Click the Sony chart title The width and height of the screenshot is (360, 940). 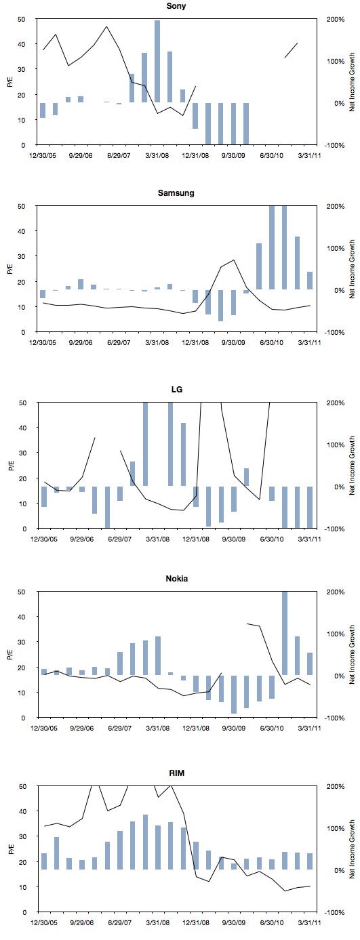[x=176, y=6]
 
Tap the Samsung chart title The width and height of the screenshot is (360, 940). [x=176, y=193]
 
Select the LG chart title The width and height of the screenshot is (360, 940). [x=177, y=390]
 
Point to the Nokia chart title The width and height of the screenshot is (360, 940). [x=177, y=579]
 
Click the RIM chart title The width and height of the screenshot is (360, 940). [x=177, y=773]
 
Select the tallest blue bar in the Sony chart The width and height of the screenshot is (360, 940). [x=157, y=61]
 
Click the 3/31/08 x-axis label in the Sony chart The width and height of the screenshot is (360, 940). [x=157, y=155]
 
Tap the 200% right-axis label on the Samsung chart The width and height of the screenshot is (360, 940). [x=336, y=206]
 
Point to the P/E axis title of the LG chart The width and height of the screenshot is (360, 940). [x=12, y=466]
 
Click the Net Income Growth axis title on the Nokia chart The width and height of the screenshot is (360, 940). [x=352, y=655]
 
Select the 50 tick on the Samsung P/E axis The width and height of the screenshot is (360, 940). [x=22, y=206]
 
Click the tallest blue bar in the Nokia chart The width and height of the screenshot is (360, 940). [x=285, y=633]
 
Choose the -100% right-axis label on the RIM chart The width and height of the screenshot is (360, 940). [x=336, y=912]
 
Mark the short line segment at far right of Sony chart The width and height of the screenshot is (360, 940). [x=292, y=50]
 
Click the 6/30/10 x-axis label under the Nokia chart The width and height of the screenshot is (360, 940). [x=272, y=728]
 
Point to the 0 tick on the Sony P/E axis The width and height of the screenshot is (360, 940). [x=24, y=145]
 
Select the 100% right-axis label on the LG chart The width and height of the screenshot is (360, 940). [x=336, y=445]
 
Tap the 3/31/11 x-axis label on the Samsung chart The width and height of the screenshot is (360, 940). [x=310, y=342]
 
